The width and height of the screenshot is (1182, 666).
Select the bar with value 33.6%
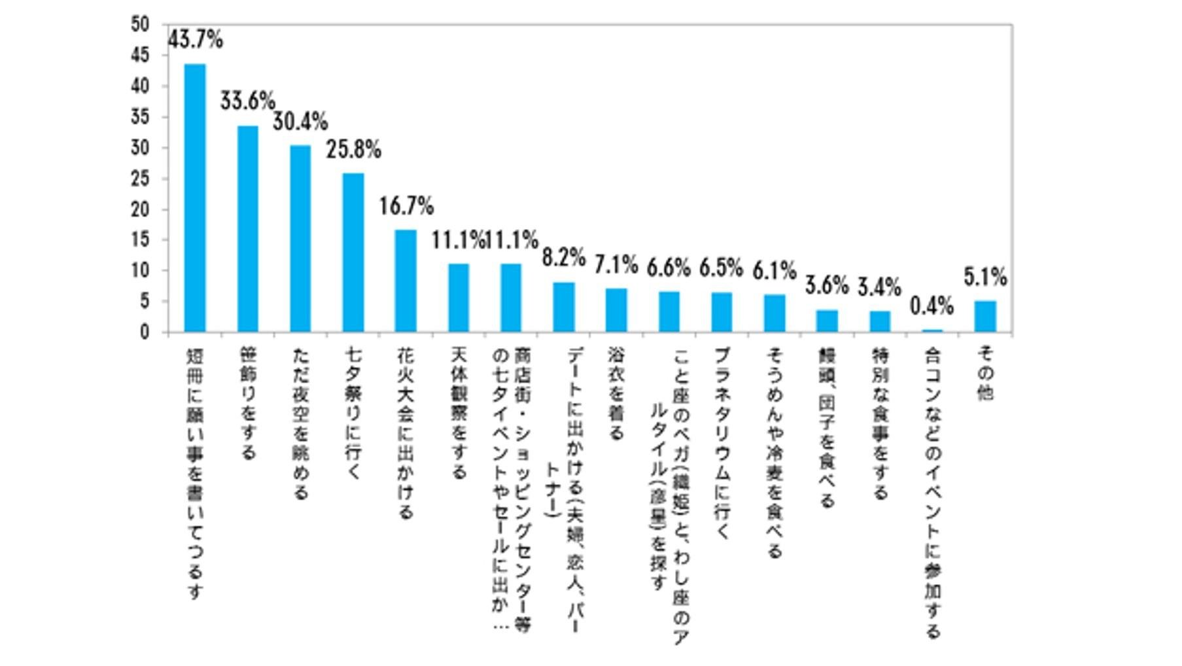247,229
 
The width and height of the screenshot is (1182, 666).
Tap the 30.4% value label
300,122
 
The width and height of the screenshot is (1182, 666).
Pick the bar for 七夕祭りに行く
353,253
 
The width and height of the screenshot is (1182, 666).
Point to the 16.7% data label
406,207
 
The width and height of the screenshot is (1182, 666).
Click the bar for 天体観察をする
459,298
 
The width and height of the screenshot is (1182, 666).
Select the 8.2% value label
563,258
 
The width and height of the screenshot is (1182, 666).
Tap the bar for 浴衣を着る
616,310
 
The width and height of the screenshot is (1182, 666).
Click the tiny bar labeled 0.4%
932,331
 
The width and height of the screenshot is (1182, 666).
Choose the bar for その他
985,317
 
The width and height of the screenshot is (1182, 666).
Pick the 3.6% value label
827,286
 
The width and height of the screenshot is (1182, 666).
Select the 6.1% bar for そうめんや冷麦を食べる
774,313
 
